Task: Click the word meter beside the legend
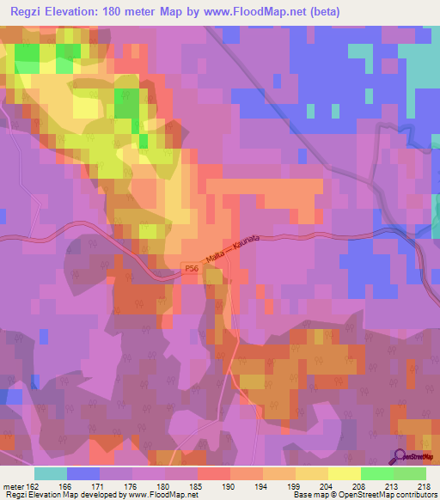coord(15,487)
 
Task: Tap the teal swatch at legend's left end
coord(50,473)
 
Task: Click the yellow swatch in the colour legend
coord(344,473)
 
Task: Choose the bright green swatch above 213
coord(376,473)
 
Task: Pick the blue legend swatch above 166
coord(82,473)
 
